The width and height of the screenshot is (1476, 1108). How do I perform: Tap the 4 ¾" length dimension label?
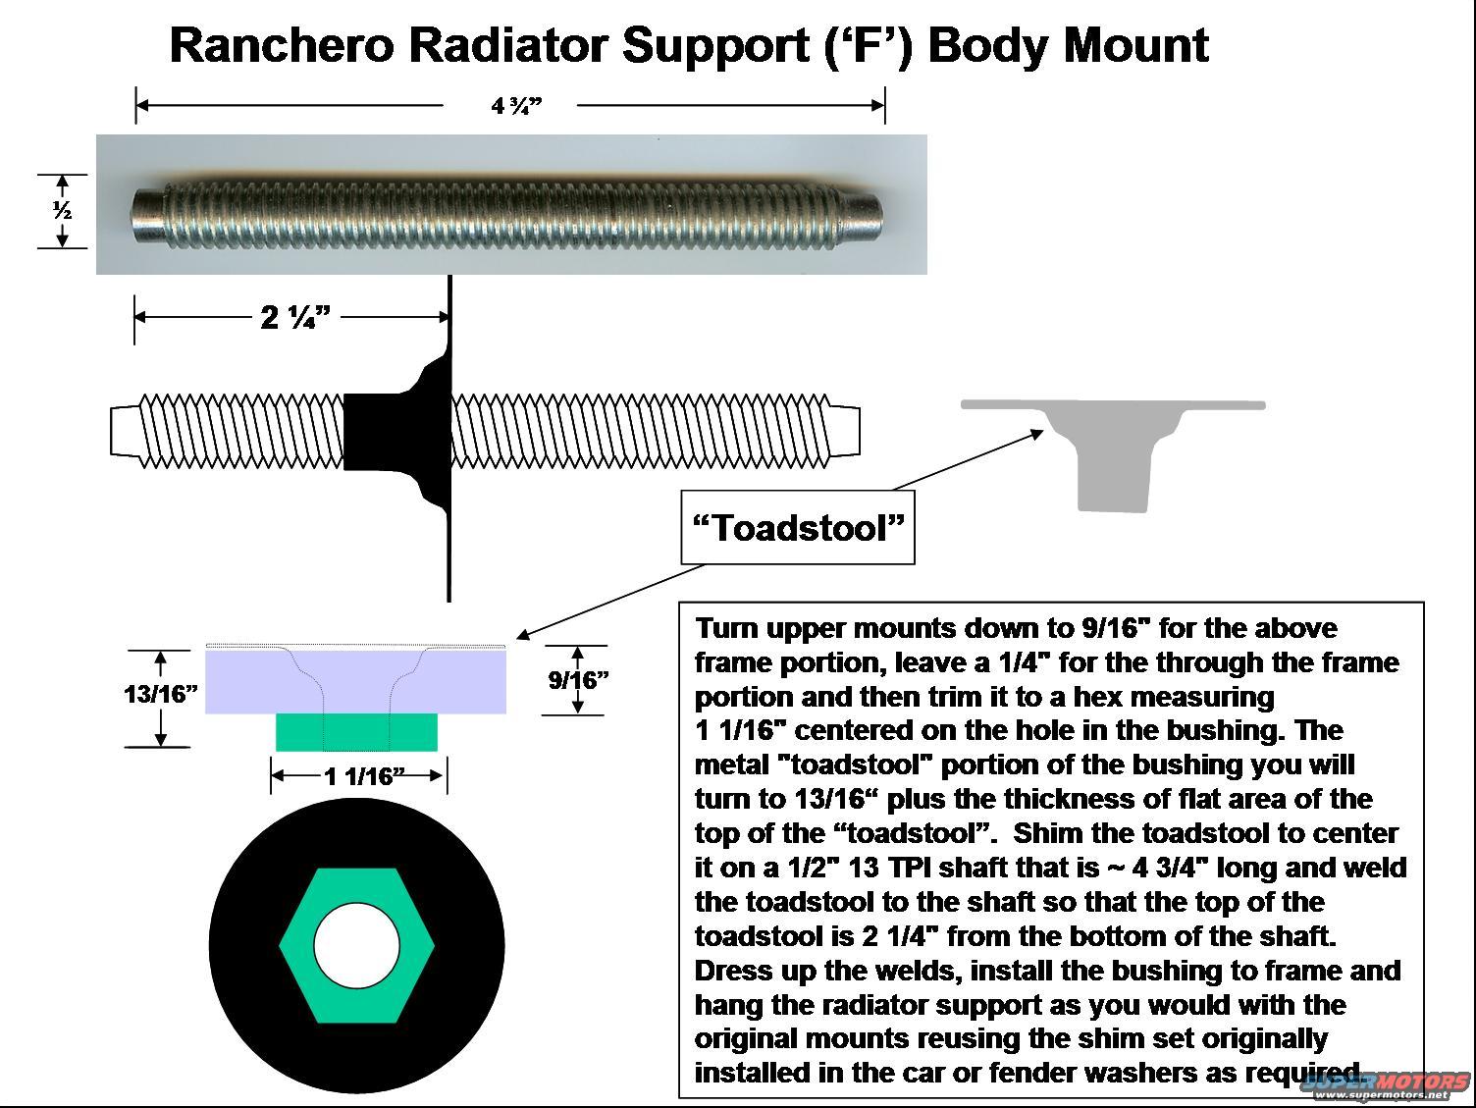(515, 105)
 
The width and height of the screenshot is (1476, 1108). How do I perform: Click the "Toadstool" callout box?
(797, 528)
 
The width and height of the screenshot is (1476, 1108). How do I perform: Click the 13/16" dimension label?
(161, 694)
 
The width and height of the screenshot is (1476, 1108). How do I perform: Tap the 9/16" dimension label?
(578, 679)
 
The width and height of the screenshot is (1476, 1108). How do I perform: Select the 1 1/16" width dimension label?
(364, 776)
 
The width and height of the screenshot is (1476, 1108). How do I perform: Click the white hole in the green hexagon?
(357, 945)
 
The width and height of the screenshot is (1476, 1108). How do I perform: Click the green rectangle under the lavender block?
(356, 732)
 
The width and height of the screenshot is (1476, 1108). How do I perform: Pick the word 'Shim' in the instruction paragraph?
(1047, 833)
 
